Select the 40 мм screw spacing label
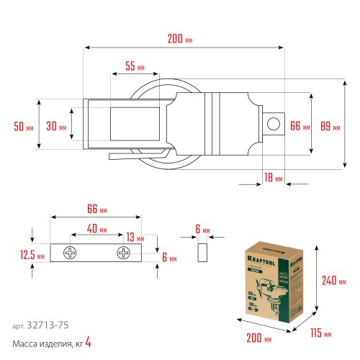(x=97, y=230)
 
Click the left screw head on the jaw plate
(x=69, y=253)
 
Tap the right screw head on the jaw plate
(x=125, y=253)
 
